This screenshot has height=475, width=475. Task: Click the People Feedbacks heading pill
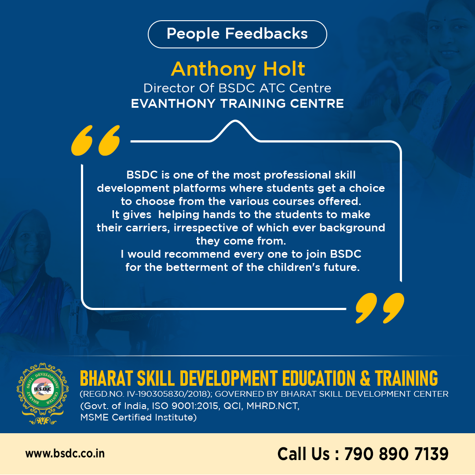coord(237,34)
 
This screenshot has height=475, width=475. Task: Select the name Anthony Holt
coord(238,69)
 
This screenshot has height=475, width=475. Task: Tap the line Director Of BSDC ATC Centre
coord(237,88)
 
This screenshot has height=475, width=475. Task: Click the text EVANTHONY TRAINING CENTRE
coord(237,104)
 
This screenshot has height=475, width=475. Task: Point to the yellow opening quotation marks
coord(95,140)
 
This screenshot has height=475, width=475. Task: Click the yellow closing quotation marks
coord(380,308)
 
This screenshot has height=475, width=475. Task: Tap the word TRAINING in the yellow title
coord(406,378)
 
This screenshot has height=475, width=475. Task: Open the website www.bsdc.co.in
coord(65,454)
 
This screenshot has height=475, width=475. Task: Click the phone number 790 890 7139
coord(396,454)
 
